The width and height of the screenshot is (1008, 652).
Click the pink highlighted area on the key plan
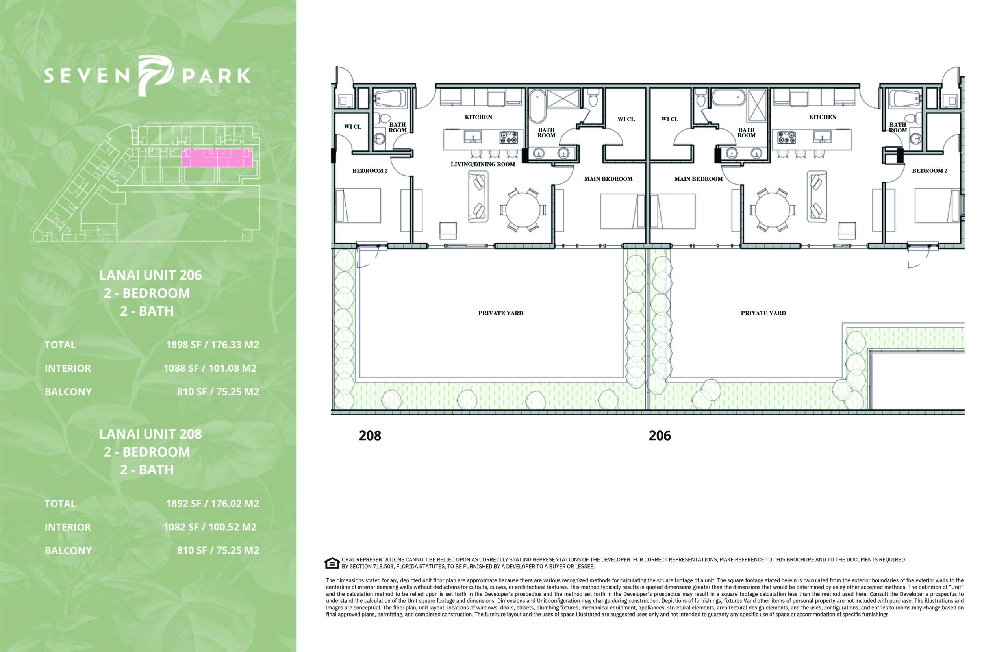(x=217, y=157)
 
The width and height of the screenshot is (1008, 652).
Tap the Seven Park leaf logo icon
(x=156, y=75)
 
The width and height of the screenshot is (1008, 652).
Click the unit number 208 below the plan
(x=370, y=436)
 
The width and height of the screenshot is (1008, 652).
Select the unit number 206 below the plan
(x=660, y=436)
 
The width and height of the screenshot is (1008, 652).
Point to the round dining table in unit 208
(x=523, y=210)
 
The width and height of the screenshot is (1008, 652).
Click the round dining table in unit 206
(x=772, y=210)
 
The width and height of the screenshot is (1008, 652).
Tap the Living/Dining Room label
(x=483, y=164)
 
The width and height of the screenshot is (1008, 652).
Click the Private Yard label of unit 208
(x=500, y=313)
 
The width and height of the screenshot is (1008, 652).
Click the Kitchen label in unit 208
(x=478, y=117)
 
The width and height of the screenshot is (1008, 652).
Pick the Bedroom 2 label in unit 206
(x=929, y=170)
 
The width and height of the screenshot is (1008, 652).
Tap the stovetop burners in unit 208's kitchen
(x=508, y=137)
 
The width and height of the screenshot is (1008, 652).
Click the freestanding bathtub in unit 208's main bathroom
(x=537, y=106)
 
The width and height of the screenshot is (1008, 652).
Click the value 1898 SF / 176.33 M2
(x=212, y=345)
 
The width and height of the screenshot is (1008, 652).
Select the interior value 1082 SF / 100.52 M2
(x=210, y=527)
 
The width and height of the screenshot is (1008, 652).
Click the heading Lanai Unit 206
(x=151, y=275)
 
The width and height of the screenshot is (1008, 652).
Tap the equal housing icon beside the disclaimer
(x=332, y=563)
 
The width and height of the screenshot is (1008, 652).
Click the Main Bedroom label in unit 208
(x=608, y=179)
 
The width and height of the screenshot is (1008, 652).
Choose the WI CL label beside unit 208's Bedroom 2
(x=353, y=127)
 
